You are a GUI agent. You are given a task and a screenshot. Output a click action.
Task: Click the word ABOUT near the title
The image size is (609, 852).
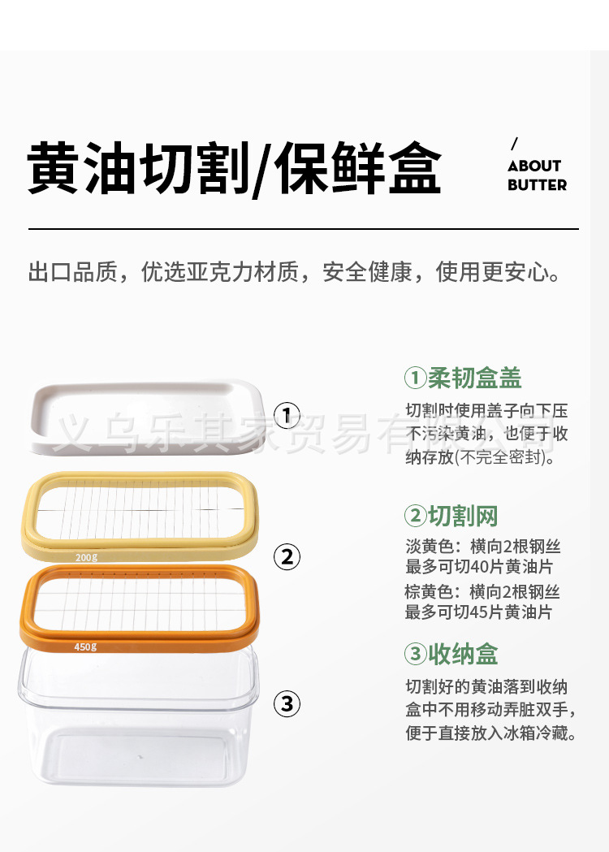pos(534,166)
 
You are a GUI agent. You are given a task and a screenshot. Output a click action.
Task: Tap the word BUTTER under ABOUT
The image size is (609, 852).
pos(537,185)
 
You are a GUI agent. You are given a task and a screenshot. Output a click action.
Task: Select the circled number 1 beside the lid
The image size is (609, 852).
pos(287,416)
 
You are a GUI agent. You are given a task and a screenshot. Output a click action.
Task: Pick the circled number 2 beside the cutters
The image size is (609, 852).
pos(287,557)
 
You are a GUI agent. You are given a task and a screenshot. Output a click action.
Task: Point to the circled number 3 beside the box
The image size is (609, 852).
pos(287,703)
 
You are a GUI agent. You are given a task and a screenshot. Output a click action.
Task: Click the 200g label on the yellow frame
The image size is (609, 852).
pos(86,557)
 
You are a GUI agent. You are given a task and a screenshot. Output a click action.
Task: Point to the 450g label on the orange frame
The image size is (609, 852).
pos(85,647)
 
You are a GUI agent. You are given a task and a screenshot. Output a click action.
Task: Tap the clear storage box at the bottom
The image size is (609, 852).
pos(138,723)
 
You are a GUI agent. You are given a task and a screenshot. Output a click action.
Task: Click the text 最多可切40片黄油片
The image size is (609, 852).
pos(478,567)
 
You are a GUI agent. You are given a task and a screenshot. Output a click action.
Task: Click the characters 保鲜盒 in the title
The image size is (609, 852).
pos(358,170)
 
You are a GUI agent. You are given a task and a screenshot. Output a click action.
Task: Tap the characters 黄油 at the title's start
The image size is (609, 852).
pos(82,170)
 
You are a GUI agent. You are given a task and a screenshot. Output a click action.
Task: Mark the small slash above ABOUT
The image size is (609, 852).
pos(514,145)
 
